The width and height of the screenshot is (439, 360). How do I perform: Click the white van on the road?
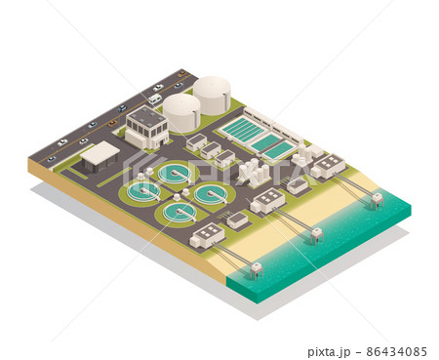[155, 99]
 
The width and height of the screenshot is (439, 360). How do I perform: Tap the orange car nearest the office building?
[112, 123]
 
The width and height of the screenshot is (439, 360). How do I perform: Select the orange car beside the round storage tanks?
[181, 74]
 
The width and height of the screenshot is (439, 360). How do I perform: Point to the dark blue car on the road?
[122, 108]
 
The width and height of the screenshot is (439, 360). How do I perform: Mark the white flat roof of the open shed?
[100, 151]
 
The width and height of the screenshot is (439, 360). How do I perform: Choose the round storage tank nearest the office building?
[181, 113]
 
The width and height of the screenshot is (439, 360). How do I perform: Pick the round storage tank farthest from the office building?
[212, 96]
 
